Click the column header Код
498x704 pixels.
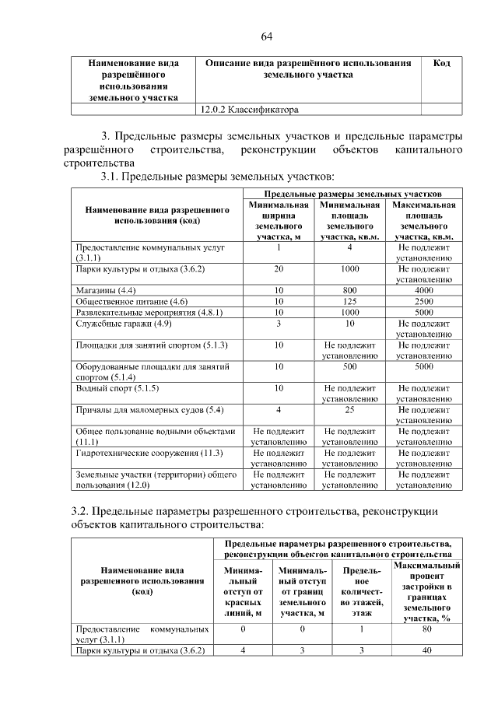(441, 62)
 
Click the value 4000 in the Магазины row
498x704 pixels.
(424, 290)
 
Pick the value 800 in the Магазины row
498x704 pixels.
(350, 290)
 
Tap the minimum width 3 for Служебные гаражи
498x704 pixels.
(278, 323)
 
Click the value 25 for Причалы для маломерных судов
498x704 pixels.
(350, 409)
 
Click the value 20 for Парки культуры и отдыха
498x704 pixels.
(278, 268)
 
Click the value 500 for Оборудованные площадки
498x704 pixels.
(350, 366)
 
